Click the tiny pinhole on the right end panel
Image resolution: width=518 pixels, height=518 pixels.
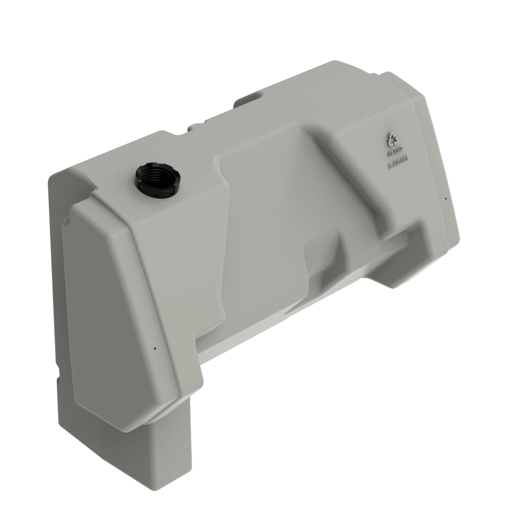point(445,199)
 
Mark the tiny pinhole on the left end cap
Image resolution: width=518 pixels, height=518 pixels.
point(155,349)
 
